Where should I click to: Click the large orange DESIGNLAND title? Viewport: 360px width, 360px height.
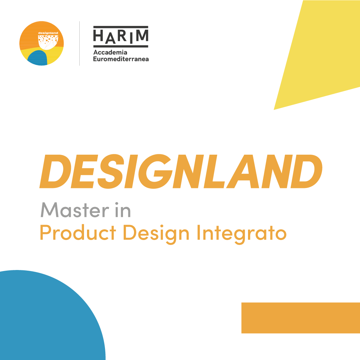[x=181, y=171]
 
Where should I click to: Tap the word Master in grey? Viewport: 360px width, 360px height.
[x=75, y=210]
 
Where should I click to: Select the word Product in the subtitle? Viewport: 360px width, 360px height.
[x=78, y=233]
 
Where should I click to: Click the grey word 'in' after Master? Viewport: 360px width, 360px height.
[x=123, y=210]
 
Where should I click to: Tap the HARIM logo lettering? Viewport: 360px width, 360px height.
[x=121, y=37]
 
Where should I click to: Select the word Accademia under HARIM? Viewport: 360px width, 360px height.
[x=110, y=52]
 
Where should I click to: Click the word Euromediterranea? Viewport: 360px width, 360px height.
[x=121, y=59]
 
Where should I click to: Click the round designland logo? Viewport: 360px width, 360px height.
[x=42, y=43]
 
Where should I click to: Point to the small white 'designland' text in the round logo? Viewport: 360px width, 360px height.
[x=48, y=33]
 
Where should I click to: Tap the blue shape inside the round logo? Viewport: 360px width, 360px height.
[x=38, y=58]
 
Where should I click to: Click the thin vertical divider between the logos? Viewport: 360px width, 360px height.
[x=79, y=43]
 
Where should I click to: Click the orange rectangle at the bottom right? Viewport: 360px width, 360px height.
[x=301, y=318]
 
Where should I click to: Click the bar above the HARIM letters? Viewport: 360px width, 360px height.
[x=121, y=27]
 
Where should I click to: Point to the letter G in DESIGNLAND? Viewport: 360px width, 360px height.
[x=155, y=171]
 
